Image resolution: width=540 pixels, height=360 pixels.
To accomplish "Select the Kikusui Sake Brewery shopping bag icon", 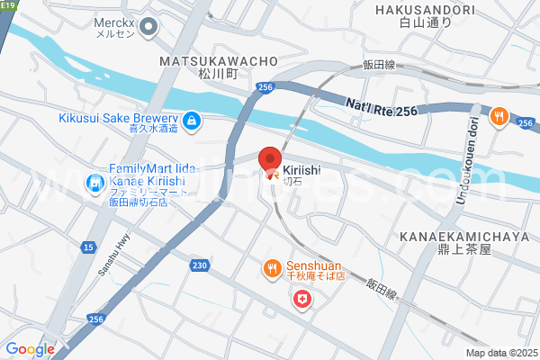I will [191, 120].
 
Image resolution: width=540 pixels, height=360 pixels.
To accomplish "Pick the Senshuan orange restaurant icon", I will [271, 267].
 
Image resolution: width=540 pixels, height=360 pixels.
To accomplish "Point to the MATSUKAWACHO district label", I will [218, 60].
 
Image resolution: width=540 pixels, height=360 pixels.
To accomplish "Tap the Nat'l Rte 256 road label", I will [382, 107].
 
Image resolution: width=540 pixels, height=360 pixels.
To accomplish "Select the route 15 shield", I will [87, 247].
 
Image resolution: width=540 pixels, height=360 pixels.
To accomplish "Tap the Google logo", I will [30, 349].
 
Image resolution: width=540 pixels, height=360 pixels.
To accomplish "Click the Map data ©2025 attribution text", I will [499, 353].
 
